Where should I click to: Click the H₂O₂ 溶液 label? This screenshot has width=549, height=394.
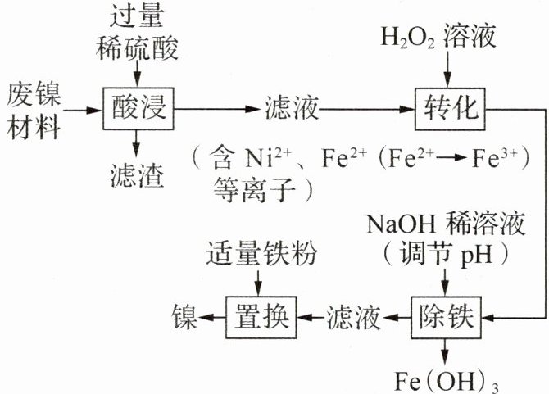pos(438,36)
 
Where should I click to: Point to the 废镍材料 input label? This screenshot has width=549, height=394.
pos(34,111)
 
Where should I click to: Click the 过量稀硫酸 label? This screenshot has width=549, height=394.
pos(137,33)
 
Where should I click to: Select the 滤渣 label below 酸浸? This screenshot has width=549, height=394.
pos(138,175)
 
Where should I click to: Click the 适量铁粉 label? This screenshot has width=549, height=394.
pos(261,253)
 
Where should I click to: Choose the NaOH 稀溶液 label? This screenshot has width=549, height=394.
pos(446,224)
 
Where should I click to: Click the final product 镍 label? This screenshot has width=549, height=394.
pos(184,317)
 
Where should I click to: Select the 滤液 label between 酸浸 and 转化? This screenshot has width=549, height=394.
pos(292,108)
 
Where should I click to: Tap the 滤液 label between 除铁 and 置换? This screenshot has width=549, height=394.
pos(354,317)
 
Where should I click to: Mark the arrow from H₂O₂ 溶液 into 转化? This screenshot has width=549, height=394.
pos(447,70)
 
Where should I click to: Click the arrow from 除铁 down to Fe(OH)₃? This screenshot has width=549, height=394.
pos(445,352)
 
